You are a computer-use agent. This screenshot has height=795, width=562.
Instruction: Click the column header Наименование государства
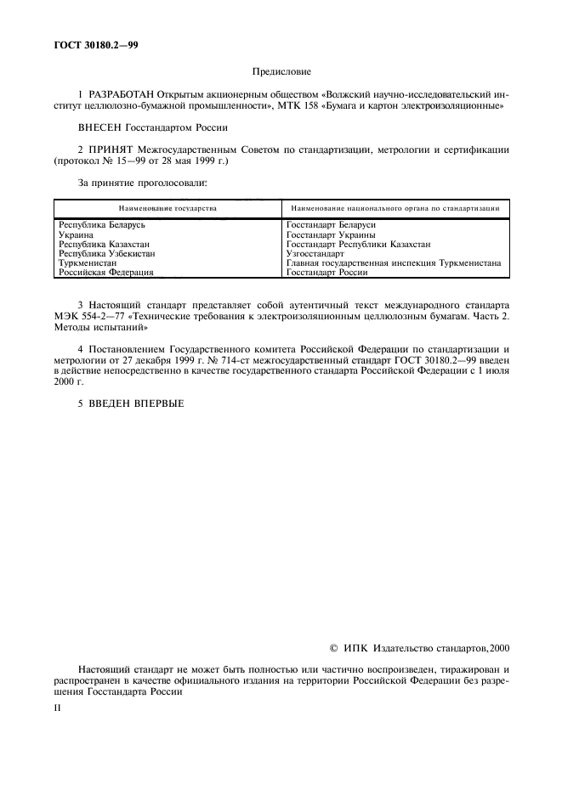tap(167, 208)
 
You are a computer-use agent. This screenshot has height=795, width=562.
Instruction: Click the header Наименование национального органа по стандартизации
tap(395, 208)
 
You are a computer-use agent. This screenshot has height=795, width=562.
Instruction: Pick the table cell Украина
tap(77, 234)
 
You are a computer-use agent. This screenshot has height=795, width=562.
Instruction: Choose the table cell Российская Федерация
tap(105, 273)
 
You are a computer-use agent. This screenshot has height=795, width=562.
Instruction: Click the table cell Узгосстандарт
tap(315, 253)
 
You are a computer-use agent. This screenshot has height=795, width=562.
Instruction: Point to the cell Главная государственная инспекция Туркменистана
tap(393, 263)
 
